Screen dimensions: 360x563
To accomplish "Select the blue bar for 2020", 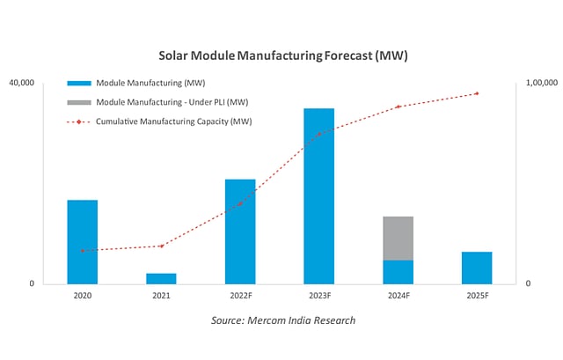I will click(83, 242).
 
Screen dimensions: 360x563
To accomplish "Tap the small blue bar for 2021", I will click(161, 278).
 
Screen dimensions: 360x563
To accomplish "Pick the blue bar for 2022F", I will click(240, 231).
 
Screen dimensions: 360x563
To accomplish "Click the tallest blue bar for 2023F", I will click(318, 196).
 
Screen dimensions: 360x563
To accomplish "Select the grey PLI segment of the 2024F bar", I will click(398, 239).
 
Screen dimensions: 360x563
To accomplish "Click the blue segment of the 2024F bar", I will click(398, 272).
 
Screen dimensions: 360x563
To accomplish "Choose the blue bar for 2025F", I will click(477, 268).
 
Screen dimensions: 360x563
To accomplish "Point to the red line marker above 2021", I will click(161, 246).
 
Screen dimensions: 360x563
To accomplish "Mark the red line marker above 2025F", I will click(477, 93).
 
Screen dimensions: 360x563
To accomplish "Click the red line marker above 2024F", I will click(398, 107).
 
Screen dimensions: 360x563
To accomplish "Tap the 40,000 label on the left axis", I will click(21, 84).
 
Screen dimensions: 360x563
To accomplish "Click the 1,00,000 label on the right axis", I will click(541, 84).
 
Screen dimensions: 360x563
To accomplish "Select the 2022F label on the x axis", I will click(240, 297).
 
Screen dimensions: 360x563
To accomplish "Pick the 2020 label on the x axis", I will click(83, 297).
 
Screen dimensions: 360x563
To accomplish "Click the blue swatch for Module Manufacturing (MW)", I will click(80, 84).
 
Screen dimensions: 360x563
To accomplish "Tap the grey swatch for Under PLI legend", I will click(80, 102).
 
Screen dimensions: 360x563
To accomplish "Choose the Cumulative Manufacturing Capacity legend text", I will click(173, 121).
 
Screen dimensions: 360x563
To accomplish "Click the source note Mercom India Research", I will click(283, 320).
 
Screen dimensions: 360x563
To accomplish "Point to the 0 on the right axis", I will click(528, 283).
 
